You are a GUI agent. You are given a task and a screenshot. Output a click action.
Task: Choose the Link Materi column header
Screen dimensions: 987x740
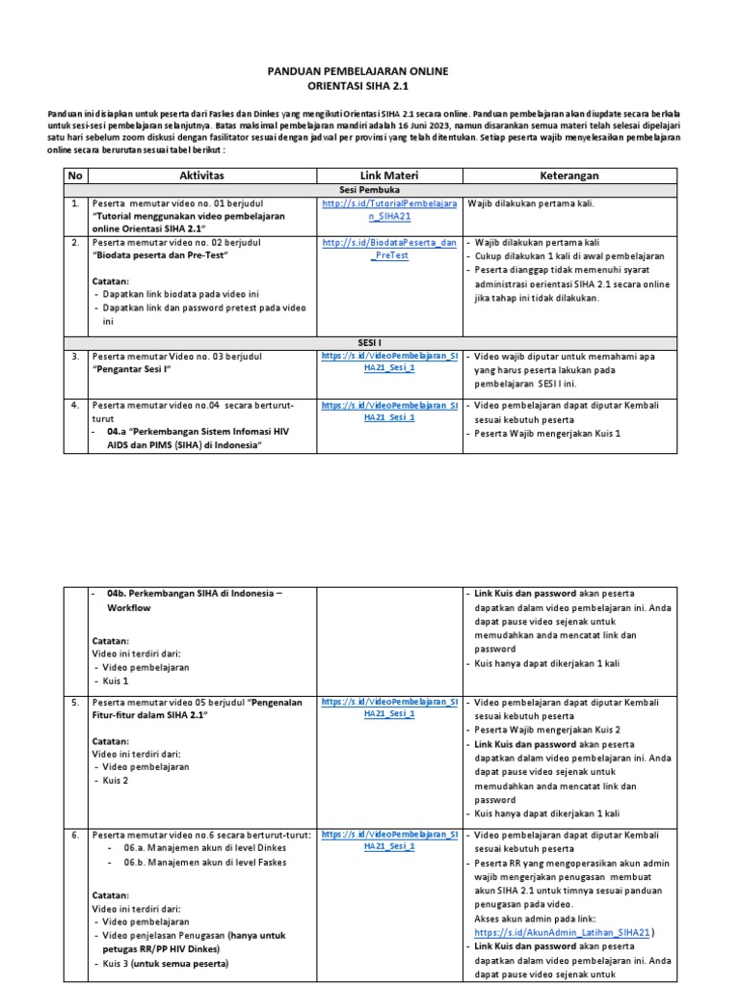(390, 175)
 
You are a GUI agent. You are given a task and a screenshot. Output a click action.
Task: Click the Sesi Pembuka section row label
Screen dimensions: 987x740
(370, 191)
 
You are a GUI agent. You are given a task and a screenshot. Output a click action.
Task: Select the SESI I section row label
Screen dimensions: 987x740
(370, 341)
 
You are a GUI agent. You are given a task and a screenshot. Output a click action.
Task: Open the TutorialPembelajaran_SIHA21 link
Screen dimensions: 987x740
(390, 211)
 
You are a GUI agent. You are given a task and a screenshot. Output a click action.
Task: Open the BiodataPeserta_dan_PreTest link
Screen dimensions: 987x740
(390, 249)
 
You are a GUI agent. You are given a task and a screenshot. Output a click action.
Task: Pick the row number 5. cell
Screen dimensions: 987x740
(74, 703)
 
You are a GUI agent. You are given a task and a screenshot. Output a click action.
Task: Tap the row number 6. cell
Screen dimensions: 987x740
(74, 834)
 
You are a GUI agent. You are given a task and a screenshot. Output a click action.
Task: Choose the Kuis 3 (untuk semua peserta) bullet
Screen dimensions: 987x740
(159, 964)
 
